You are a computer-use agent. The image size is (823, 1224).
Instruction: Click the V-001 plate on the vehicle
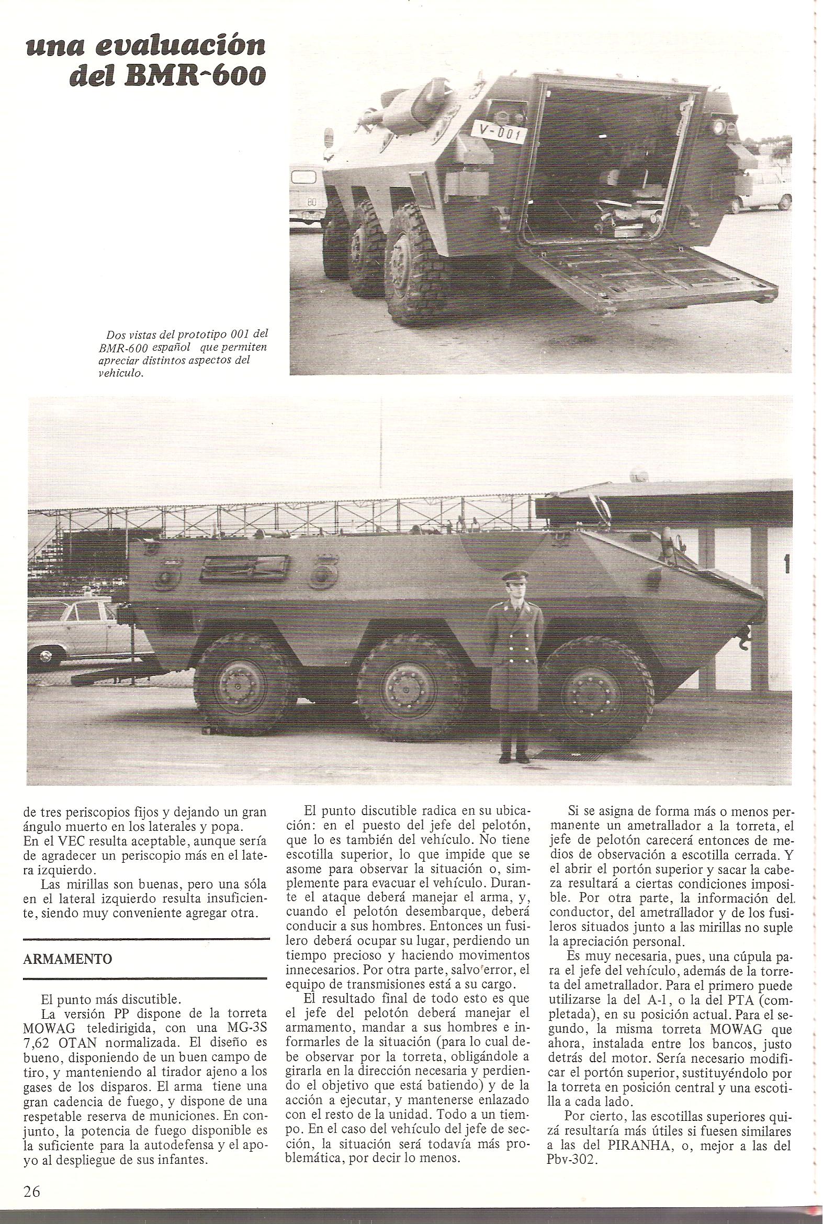click(499, 132)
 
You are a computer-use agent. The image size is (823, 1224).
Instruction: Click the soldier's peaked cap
click(509, 577)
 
